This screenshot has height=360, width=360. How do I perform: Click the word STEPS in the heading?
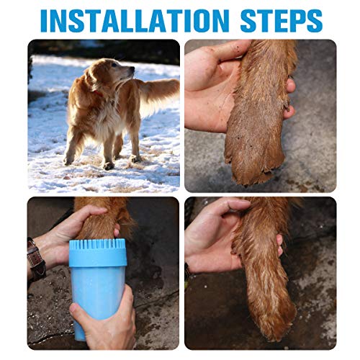[278, 20]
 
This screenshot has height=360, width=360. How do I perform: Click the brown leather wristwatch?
[36, 259]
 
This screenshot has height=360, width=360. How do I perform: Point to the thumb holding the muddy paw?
[216, 56]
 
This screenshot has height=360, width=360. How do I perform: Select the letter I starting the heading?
[44, 20]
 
